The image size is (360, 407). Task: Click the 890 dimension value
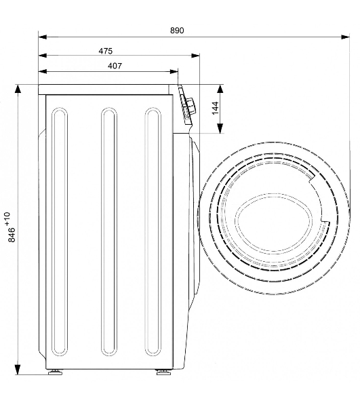177,31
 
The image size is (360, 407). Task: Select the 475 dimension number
106,51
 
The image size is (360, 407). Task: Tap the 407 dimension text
115,66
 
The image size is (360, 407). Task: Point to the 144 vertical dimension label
216,108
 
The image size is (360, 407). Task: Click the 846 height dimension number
12,235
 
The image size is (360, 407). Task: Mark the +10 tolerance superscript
7,218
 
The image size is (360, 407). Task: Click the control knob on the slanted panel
191,105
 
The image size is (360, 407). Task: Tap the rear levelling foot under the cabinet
55,372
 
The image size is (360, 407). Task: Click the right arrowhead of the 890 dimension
346,37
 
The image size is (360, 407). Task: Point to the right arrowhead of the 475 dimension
195,56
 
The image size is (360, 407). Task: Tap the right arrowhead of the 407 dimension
174,71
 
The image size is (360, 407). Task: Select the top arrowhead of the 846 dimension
18,89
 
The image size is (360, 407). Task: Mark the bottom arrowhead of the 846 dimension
18,370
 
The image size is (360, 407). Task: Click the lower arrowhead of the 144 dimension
220,128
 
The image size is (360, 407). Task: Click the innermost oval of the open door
275,222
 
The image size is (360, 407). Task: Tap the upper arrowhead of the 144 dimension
220,90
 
